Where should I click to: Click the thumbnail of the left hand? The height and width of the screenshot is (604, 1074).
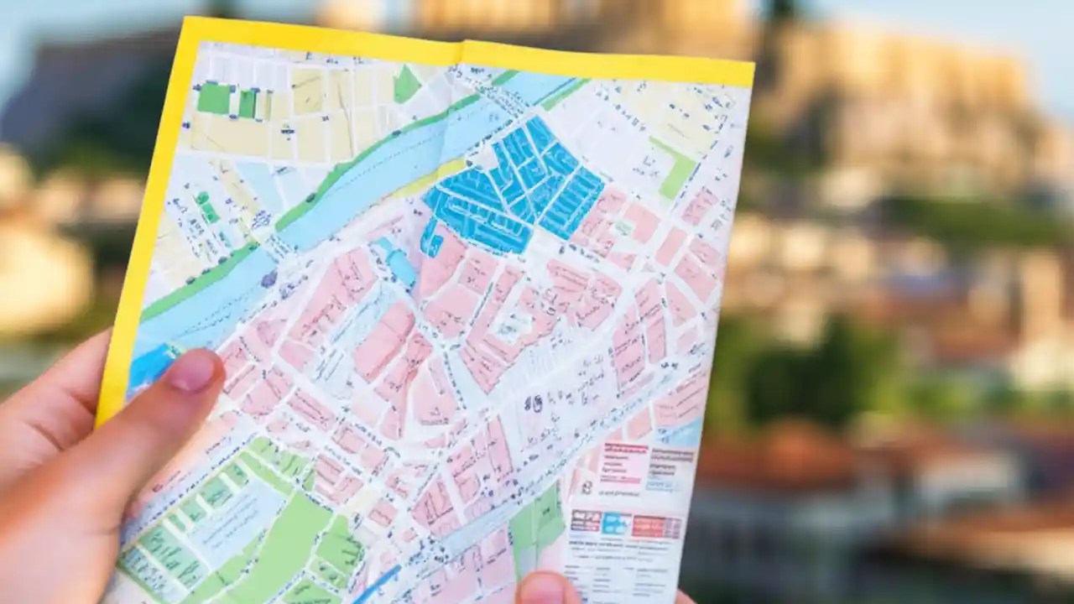[x=190, y=371]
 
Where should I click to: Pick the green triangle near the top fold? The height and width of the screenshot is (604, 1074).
[x=406, y=85]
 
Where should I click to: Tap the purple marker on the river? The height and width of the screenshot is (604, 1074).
[x=268, y=279]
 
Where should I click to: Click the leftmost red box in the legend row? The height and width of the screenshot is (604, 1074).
[x=586, y=521]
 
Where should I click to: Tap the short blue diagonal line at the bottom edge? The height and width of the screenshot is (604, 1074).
[x=377, y=584]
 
